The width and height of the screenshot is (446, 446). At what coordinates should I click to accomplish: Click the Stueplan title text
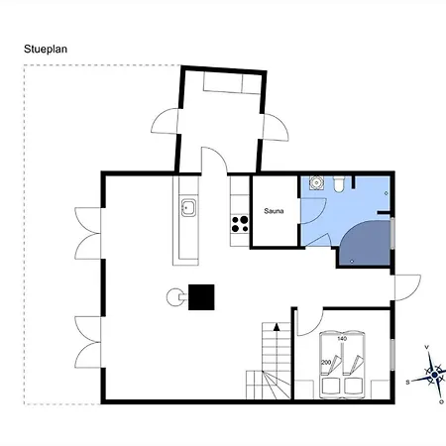coord(46,50)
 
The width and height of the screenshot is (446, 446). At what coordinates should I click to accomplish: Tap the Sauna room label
coord(274,211)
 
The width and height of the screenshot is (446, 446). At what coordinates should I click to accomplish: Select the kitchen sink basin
coord(188,208)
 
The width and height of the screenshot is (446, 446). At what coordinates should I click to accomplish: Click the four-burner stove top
coord(240,224)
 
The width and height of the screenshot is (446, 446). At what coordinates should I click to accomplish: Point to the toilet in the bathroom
coord(339,184)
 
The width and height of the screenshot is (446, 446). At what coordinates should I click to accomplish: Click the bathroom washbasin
coord(316,183)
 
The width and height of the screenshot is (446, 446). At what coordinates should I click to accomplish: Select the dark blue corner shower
coord(365,243)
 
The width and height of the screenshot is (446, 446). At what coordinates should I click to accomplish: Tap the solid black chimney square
coord(201,297)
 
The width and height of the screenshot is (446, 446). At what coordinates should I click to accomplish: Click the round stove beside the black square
coord(174,297)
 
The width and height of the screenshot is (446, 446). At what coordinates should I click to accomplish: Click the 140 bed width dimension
coord(342,339)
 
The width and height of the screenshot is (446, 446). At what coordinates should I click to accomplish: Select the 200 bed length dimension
coord(326,363)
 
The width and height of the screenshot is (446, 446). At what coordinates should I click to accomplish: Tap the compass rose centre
coord(434,375)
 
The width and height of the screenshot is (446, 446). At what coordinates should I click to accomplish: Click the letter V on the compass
coord(427,347)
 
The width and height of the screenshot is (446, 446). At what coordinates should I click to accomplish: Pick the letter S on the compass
coord(407,383)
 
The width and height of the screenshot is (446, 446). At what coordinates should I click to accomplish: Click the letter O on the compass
coord(441,401)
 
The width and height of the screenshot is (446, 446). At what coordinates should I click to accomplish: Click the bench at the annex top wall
coord(230,82)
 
